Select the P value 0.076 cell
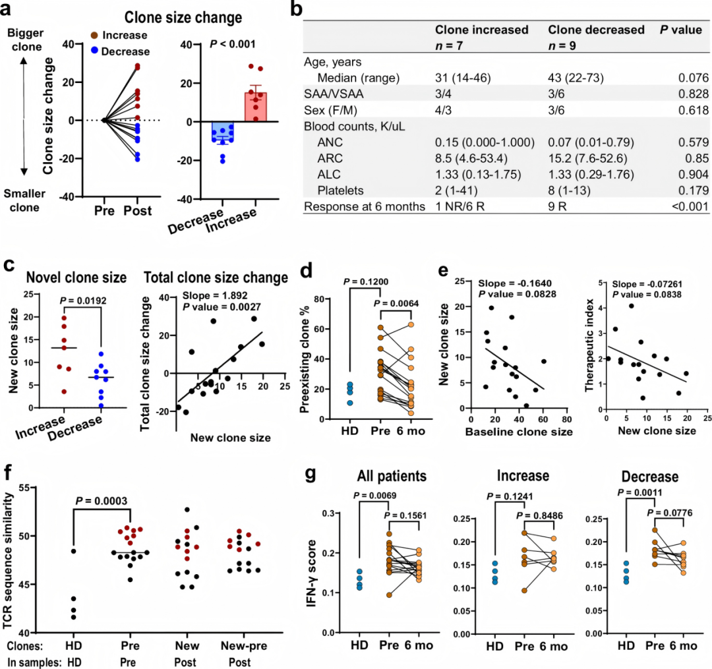[x=694, y=78]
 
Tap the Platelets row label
[x=343, y=190]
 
